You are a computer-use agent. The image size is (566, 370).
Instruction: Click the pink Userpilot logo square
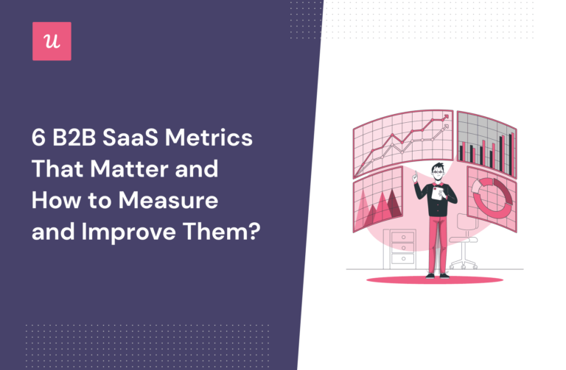coord(52,41)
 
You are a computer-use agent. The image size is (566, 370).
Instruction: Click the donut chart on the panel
coord(488,196)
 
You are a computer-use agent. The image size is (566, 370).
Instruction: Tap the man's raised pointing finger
coord(415,174)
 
